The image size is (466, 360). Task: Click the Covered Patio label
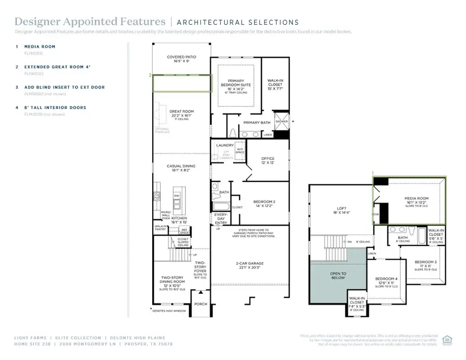tap(181, 57)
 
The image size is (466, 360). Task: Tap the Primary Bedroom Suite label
tap(236, 82)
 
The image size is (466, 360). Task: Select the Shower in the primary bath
tap(281, 121)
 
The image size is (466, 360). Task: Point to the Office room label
tap(268, 159)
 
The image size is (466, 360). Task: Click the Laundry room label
tap(225, 146)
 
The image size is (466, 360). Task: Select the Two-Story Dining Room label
tap(171, 280)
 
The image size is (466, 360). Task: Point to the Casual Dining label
tap(181, 166)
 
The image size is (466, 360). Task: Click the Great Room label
tap(181, 111)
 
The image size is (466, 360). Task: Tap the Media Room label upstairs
tap(416, 198)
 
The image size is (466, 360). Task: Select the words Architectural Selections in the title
tap(238, 22)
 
